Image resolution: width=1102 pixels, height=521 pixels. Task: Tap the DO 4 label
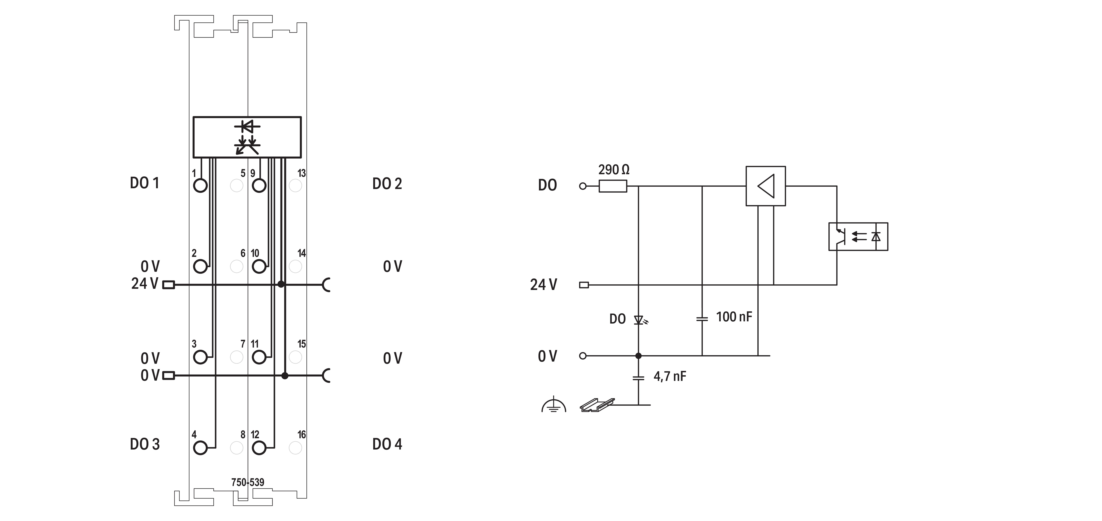387,444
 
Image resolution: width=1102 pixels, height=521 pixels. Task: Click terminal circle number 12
259,448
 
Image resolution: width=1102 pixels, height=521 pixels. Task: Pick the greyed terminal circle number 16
295,448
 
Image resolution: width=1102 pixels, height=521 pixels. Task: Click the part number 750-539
248,482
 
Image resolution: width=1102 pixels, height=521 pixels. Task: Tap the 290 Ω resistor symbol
613,186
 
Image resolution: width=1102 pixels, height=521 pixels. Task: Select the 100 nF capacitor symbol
702,319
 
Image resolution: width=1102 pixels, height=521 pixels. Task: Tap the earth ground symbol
554,405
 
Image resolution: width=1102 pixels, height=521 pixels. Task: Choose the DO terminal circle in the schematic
582,186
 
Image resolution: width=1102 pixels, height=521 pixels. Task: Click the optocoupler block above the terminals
247,137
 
